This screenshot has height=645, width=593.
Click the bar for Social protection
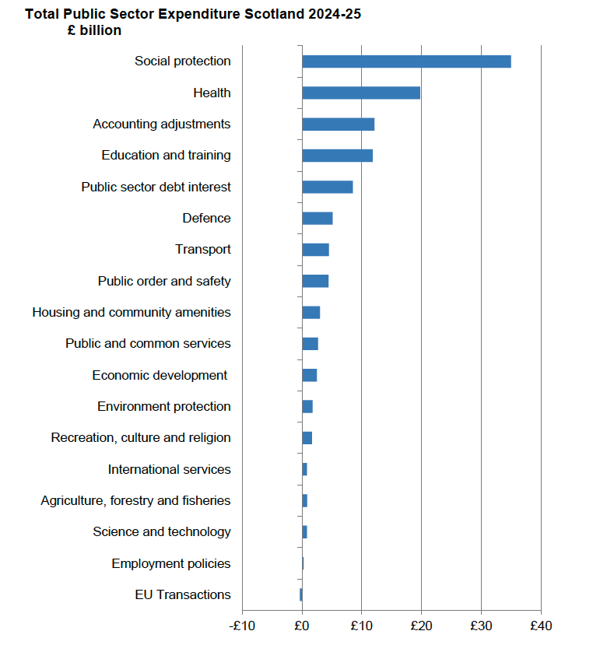pyautogui.click(x=406, y=61)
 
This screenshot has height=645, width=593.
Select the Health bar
pyautogui.click(x=361, y=93)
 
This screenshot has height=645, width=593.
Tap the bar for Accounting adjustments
pyautogui.click(x=338, y=124)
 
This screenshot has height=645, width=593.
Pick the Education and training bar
pyautogui.click(x=337, y=156)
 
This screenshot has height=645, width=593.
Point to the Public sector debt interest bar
pyautogui.click(x=327, y=187)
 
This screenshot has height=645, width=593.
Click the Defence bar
pyautogui.click(x=318, y=219)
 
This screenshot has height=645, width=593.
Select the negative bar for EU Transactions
pyautogui.click(x=300, y=595)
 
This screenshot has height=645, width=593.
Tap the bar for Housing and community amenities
pyautogui.click(x=311, y=313)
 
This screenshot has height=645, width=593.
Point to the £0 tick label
pyautogui.click(x=302, y=626)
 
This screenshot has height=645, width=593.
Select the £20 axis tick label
pyautogui.click(x=421, y=626)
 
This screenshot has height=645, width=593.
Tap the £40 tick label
pyautogui.click(x=541, y=626)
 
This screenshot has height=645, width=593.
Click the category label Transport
pyautogui.click(x=202, y=250)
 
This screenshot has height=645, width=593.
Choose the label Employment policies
pyautogui.click(x=170, y=564)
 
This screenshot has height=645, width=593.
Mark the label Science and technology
pyautogui.click(x=161, y=532)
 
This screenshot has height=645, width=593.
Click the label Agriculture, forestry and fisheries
pyautogui.click(x=135, y=501)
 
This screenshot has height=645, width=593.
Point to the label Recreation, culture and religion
pyautogui.click(x=141, y=438)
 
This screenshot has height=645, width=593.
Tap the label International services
pyautogui.click(x=169, y=470)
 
